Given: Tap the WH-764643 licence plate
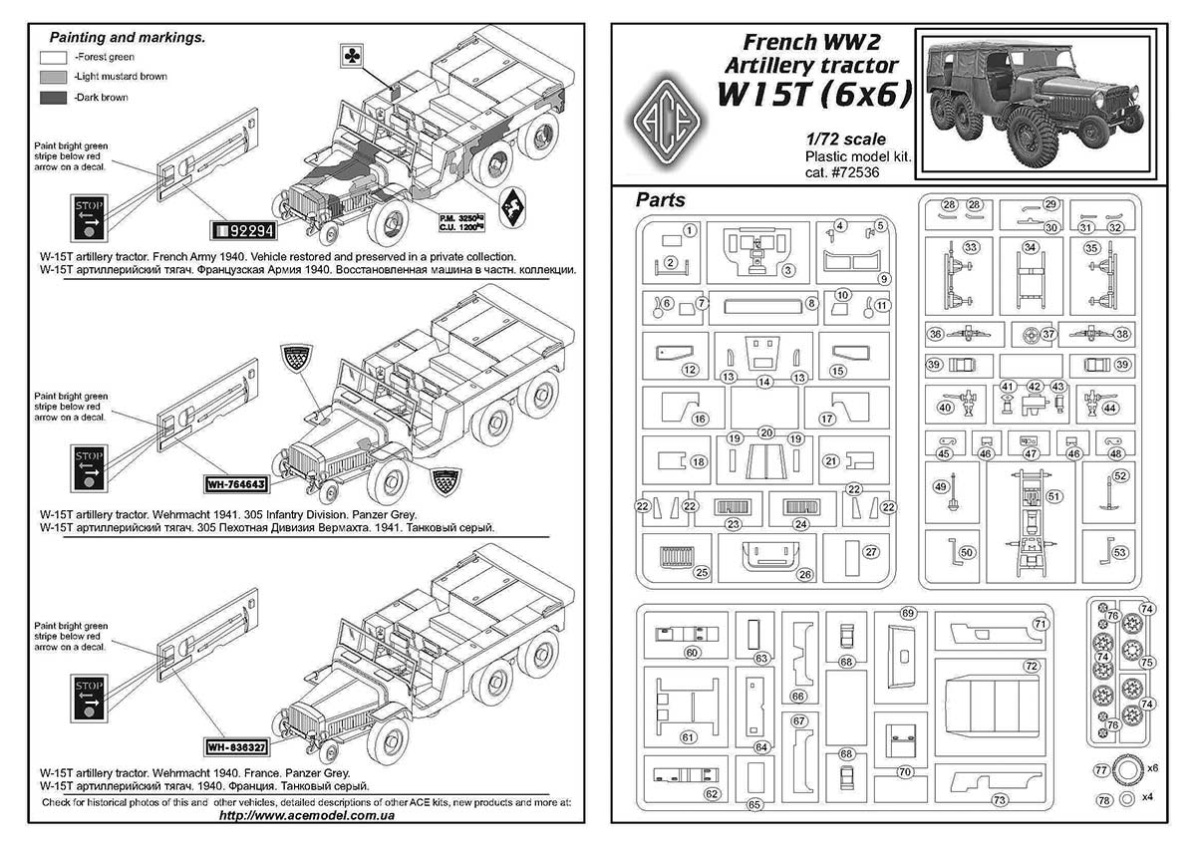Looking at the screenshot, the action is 235,486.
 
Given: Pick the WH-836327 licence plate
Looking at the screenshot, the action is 236,746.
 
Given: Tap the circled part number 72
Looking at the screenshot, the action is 1031,665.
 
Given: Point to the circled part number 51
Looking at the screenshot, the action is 1053,495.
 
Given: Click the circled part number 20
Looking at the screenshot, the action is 765,432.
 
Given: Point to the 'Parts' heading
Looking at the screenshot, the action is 661,200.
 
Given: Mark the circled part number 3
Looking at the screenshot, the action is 787,269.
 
